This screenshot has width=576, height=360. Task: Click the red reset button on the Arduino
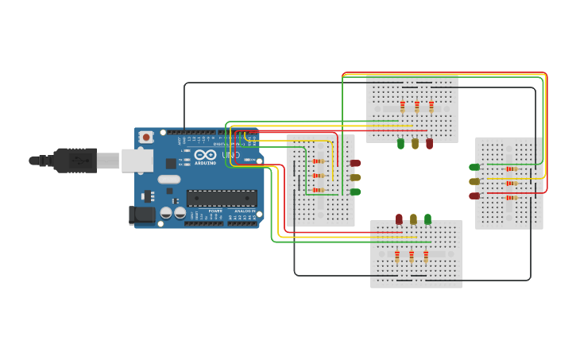146,137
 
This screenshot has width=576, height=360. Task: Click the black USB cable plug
75,161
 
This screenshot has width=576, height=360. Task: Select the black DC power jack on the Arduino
141,215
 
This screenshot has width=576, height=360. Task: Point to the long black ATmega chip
222,198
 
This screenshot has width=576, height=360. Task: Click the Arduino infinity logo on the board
205,154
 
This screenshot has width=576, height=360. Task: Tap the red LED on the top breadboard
429,144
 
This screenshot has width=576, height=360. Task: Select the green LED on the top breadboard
400,144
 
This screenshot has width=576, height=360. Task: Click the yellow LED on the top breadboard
415,144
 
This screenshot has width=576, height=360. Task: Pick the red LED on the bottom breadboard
399,219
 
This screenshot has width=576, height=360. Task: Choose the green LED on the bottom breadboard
427,219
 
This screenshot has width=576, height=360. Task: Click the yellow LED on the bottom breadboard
413,219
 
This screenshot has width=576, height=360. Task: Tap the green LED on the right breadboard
474,167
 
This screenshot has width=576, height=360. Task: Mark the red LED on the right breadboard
474,195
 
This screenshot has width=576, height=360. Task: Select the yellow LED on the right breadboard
474,181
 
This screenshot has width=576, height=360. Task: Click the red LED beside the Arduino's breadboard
355,163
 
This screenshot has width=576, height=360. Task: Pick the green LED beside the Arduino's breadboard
355,192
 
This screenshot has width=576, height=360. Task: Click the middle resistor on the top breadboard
416,106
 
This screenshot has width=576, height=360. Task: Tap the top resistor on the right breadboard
511,168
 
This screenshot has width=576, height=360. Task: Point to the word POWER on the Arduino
215,211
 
